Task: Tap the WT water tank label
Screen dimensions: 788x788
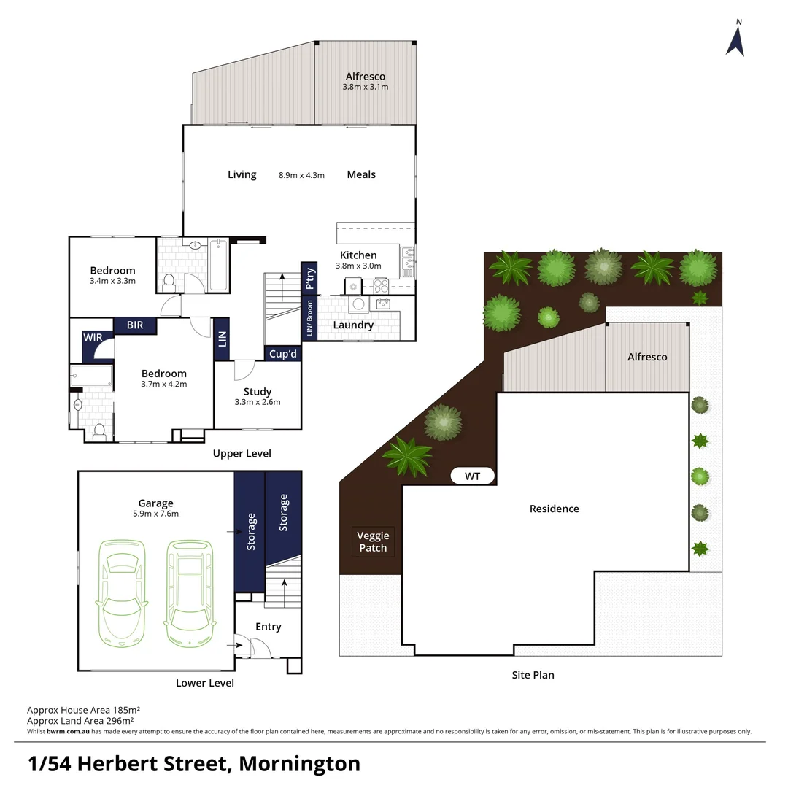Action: click(472, 476)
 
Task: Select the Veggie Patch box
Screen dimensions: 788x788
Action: click(373, 542)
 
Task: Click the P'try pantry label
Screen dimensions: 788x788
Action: click(309, 279)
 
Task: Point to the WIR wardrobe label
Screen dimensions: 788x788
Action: click(93, 338)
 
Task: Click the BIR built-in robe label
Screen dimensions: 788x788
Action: click(135, 325)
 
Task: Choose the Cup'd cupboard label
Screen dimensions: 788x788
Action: click(283, 354)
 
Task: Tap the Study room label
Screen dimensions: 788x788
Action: click(258, 392)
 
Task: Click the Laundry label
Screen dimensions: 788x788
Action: click(353, 325)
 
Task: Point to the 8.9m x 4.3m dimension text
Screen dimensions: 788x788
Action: click(301, 175)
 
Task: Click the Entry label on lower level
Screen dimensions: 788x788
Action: click(268, 627)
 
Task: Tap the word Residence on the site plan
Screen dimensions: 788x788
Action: click(554, 509)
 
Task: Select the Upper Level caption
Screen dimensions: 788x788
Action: click(242, 454)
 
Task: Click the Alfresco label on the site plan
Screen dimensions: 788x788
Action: click(647, 357)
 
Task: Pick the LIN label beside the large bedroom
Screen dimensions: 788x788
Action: click(223, 339)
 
